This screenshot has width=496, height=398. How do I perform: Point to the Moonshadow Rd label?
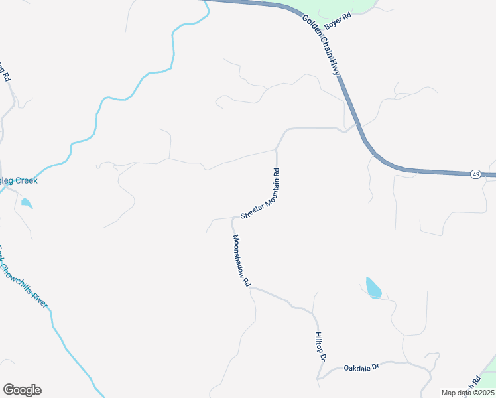click(x=241, y=261)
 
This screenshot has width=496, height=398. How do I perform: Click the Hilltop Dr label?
click(x=320, y=346)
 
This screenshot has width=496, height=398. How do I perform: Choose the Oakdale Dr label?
click(x=361, y=367)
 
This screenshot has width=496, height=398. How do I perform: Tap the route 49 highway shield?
click(x=476, y=174)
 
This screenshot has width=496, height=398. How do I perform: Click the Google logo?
click(x=22, y=390)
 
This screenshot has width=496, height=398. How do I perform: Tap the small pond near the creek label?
click(x=27, y=203)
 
